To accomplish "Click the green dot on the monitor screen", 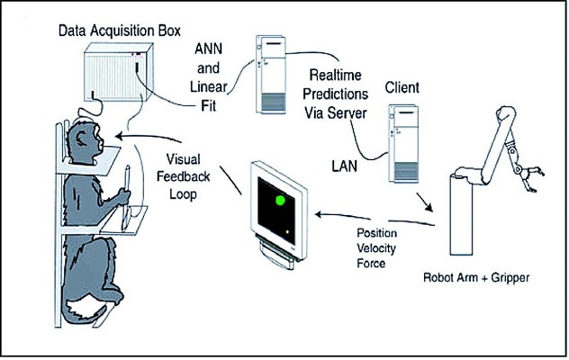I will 281,199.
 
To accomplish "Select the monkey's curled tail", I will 86,306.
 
